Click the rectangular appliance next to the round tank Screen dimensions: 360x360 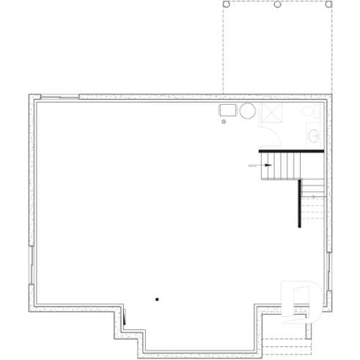pyautogui.click(x=228, y=110)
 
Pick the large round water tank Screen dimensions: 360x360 pyautogui.click(x=248, y=111)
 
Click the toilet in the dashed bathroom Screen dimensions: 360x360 pyautogui.click(x=311, y=111)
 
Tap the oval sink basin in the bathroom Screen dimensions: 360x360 pyautogui.click(x=315, y=136)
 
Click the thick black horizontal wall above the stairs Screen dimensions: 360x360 pyautogui.click(x=292, y=151)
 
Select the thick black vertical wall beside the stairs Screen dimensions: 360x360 pyautogui.click(x=299, y=203)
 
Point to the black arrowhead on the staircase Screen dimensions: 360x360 pyautogui.click(x=268, y=166)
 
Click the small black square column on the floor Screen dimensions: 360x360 pyautogui.click(x=156, y=298)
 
